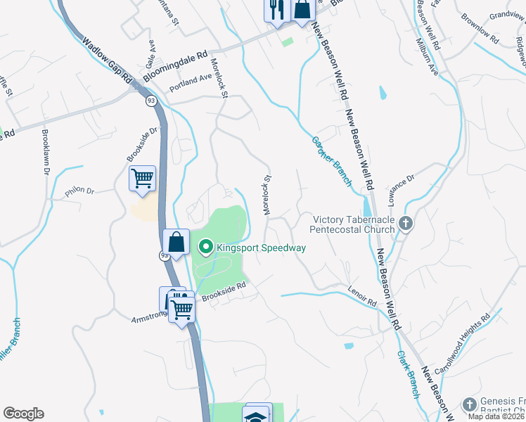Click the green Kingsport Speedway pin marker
tap(206, 247)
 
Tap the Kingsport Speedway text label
tap(261, 248)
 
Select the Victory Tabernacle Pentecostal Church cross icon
tap(405, 224)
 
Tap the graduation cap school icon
tap(257, 415)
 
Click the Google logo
tap(23, 414)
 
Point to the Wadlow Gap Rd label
tap(107, 61)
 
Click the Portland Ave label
tap(191, 83)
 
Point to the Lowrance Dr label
tap(402, 188)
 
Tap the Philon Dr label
tap(79, 190)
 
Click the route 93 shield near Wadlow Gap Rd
tap(151, 102)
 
